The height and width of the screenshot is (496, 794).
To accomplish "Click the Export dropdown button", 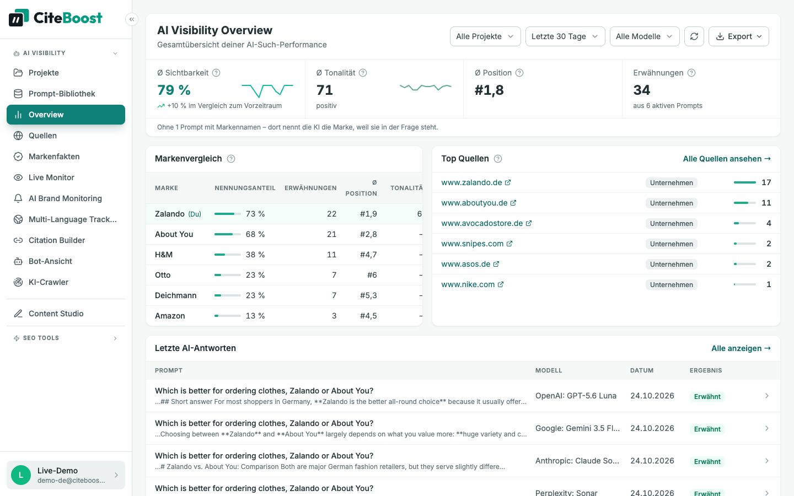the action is coord(739,36).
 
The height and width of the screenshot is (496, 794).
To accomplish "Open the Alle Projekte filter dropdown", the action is coord(485,36).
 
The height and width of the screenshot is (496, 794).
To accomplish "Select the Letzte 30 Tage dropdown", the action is coord(565,36).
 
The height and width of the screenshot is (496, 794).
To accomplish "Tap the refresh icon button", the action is coord(694,36).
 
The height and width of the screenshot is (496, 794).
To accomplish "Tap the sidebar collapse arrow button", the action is coord(131,19).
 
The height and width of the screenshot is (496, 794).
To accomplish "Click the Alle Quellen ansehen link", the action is coord(727,159).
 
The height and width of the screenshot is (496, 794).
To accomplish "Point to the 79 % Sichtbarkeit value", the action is coord(174,90).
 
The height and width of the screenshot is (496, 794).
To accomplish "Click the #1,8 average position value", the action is coord(489,90).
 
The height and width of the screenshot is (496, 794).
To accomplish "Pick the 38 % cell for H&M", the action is coord(255,255).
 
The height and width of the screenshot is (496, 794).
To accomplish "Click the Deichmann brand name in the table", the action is coord(175,295).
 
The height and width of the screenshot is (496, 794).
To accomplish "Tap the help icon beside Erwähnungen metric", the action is coord(691,73).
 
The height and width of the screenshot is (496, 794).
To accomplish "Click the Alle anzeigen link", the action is coord(741,348).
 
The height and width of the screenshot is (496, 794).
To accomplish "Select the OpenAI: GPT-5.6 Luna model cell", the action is coord(576,396).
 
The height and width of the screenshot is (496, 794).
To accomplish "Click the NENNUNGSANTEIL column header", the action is coord(245,188).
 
